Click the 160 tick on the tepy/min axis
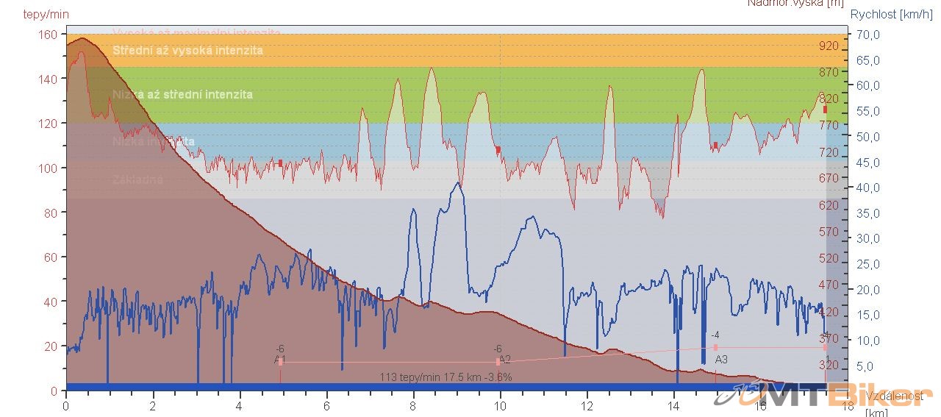coord(49,34)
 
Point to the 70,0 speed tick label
coord(868,35)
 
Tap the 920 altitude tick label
coord(829,46)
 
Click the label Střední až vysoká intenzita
coord(187,51)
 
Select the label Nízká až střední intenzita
coord(182,94)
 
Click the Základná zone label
coord(137,179)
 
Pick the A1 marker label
coord(280,360)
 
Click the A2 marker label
coord(504,360)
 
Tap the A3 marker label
coord(721,360)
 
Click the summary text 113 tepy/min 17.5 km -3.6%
coord(446,377)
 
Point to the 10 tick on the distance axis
coord(500,405)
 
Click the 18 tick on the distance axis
coord(848,405)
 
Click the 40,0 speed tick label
coord(868,188)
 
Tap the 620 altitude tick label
coord(829,205)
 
